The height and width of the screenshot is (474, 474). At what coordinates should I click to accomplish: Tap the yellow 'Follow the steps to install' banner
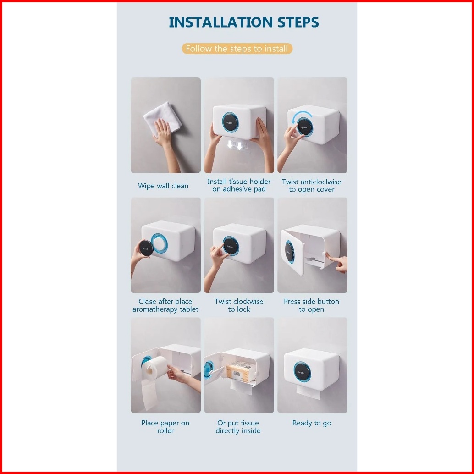click(x=237, y=49)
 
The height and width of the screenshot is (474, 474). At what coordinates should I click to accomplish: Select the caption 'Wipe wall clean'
click(x=163, y=186)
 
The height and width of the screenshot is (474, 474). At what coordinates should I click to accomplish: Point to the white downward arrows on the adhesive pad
click(x=235, y=145)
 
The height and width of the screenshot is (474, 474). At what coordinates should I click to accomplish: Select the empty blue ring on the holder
click(x=159, y=243)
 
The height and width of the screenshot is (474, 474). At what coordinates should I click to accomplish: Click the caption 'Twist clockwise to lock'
click(x=239, y=305)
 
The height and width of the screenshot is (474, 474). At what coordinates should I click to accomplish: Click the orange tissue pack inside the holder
click(x=238, y=372)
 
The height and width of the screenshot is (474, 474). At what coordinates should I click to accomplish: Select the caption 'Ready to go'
click(x=312, y=423)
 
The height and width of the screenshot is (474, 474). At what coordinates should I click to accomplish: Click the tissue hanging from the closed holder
click(x=309, y=392)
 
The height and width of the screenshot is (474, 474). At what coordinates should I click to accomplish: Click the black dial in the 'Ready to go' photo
click(x=302, y=372)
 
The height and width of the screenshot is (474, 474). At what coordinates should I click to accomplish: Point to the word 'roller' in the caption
click(x=165, y=431)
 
